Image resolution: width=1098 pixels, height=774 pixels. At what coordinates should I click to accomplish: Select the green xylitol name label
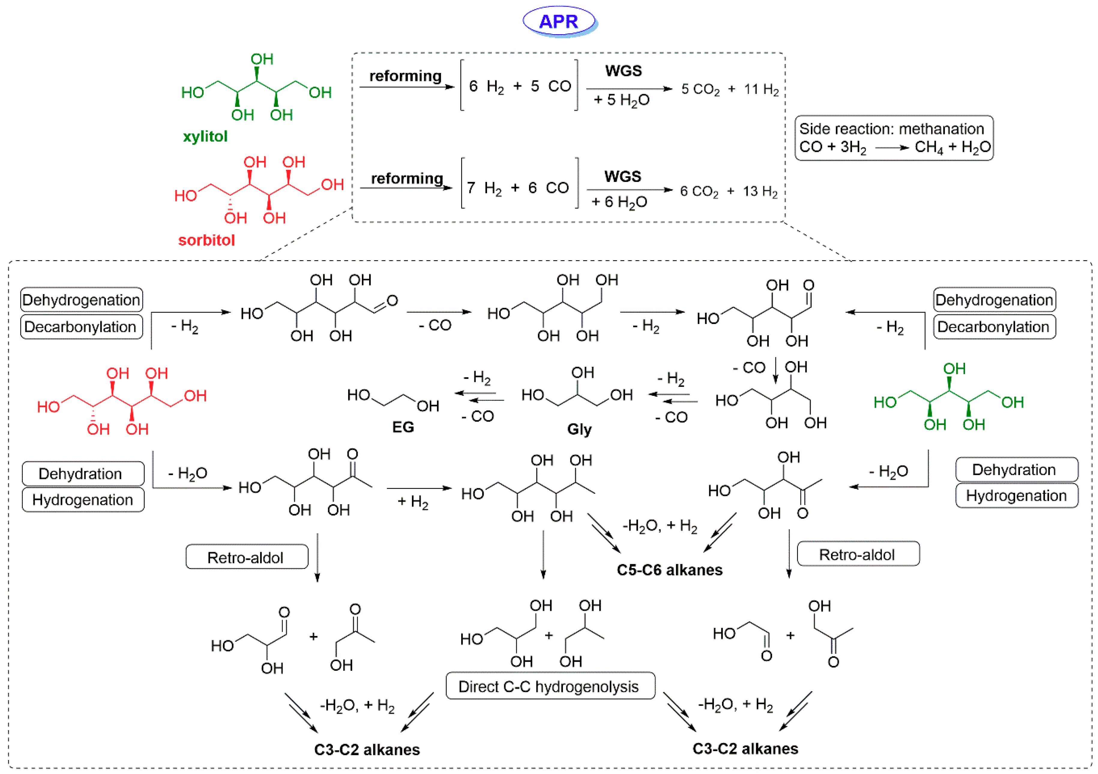tap(205, 137)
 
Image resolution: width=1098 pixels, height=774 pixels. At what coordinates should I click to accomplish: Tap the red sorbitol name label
tap(206, 240)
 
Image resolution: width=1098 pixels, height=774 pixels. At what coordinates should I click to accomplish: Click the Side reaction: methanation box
tap(893, 138)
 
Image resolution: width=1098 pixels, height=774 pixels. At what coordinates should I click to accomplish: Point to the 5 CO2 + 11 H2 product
tap(730, 89)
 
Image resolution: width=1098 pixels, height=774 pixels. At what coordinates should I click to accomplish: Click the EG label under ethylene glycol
tap(403, 427)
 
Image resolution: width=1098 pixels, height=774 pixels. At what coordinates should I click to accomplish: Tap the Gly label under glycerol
tap(579, 429)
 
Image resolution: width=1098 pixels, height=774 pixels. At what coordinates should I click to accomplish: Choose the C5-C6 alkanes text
tap(669, 570)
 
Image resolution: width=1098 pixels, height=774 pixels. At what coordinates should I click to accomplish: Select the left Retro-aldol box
tap(247, 557)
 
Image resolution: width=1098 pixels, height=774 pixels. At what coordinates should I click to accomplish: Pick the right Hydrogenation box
tap(1016, 495)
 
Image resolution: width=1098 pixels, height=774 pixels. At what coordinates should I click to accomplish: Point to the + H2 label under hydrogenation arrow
tap(413, 502)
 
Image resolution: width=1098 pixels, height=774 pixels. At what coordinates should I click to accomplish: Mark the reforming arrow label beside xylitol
tap(405, 76)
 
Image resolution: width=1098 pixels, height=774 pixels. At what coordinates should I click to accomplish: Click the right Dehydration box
tap(1016, 470)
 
